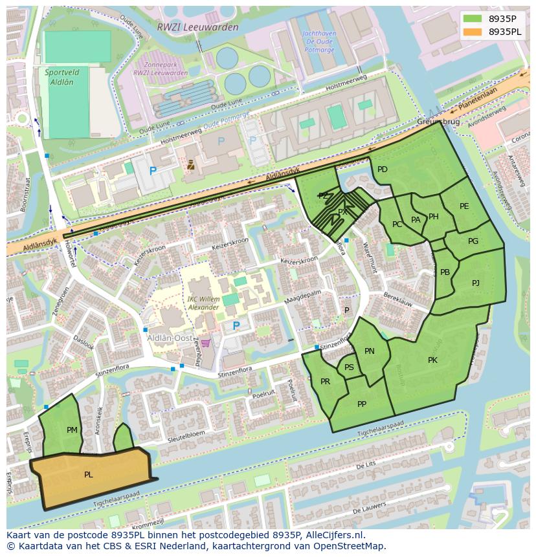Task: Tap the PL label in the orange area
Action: click(89, 475)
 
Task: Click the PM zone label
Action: click(72, 430)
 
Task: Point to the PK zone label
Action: click(432, 360)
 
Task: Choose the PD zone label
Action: click(383, 169)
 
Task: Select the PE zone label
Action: click(464, 206)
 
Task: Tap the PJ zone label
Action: click(476, 283)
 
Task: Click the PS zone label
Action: click(349, 367)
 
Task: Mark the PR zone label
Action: click(325, 382)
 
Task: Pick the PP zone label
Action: click(362, 404)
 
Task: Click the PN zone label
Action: click(370, 351)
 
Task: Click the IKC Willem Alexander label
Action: click(203, 303)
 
